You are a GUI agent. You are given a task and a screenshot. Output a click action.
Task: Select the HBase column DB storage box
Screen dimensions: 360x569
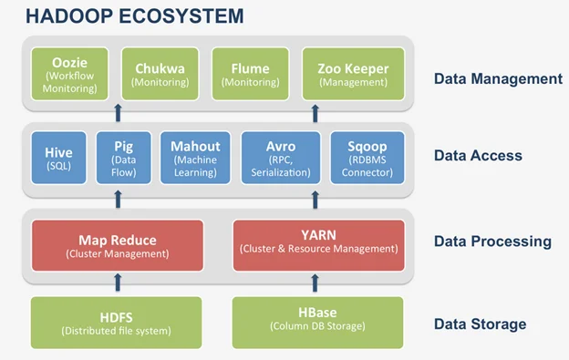click(x=318, y=322)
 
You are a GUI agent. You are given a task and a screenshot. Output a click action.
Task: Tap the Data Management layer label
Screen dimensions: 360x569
click(x=497, y=78)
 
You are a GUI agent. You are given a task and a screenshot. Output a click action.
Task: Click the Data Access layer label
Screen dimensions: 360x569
click(x=477, y=156)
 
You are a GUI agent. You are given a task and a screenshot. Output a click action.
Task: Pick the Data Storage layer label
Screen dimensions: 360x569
click(x=481, y=324)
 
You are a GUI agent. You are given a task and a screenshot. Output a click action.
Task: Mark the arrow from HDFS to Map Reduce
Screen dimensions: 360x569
click(x=117, y=283)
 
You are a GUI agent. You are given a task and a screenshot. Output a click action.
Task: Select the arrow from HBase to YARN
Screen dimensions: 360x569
click(x=318, y=283)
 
